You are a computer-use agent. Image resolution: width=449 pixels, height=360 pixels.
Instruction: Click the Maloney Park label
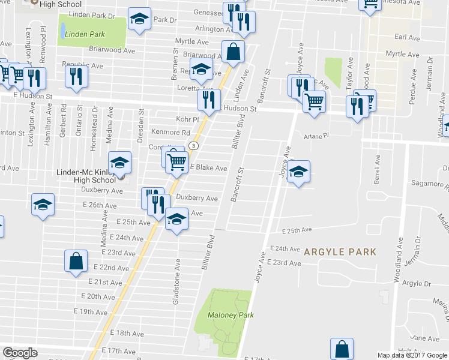pyautogui.click(x=231, y=315)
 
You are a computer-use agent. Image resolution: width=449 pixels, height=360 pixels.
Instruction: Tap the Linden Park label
pyautogui.click(x=85, y=34)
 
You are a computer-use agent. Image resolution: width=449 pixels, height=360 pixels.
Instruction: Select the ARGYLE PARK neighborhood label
pyautogui.click(x=340, y=251)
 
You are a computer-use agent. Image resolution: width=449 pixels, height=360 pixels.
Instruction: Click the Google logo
pyautogui.click(x=20, y=353)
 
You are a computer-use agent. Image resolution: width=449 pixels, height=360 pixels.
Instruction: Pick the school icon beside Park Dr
pyautogui.click(x=139, y=21)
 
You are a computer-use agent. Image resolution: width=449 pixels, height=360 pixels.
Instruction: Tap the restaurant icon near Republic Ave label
pyautogui.click(x=76, y=76)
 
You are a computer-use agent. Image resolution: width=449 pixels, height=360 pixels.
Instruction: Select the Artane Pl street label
pyautogui.click(x=317, y=136)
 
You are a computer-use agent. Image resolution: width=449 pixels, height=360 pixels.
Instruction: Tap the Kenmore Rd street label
pyautogui.click(x=170, y=133)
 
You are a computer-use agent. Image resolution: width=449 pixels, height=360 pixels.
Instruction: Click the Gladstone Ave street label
pyautogui.click(x=176, y=281)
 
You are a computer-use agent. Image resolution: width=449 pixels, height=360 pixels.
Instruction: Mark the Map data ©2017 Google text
pyautogui.click(x=412, y=355)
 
